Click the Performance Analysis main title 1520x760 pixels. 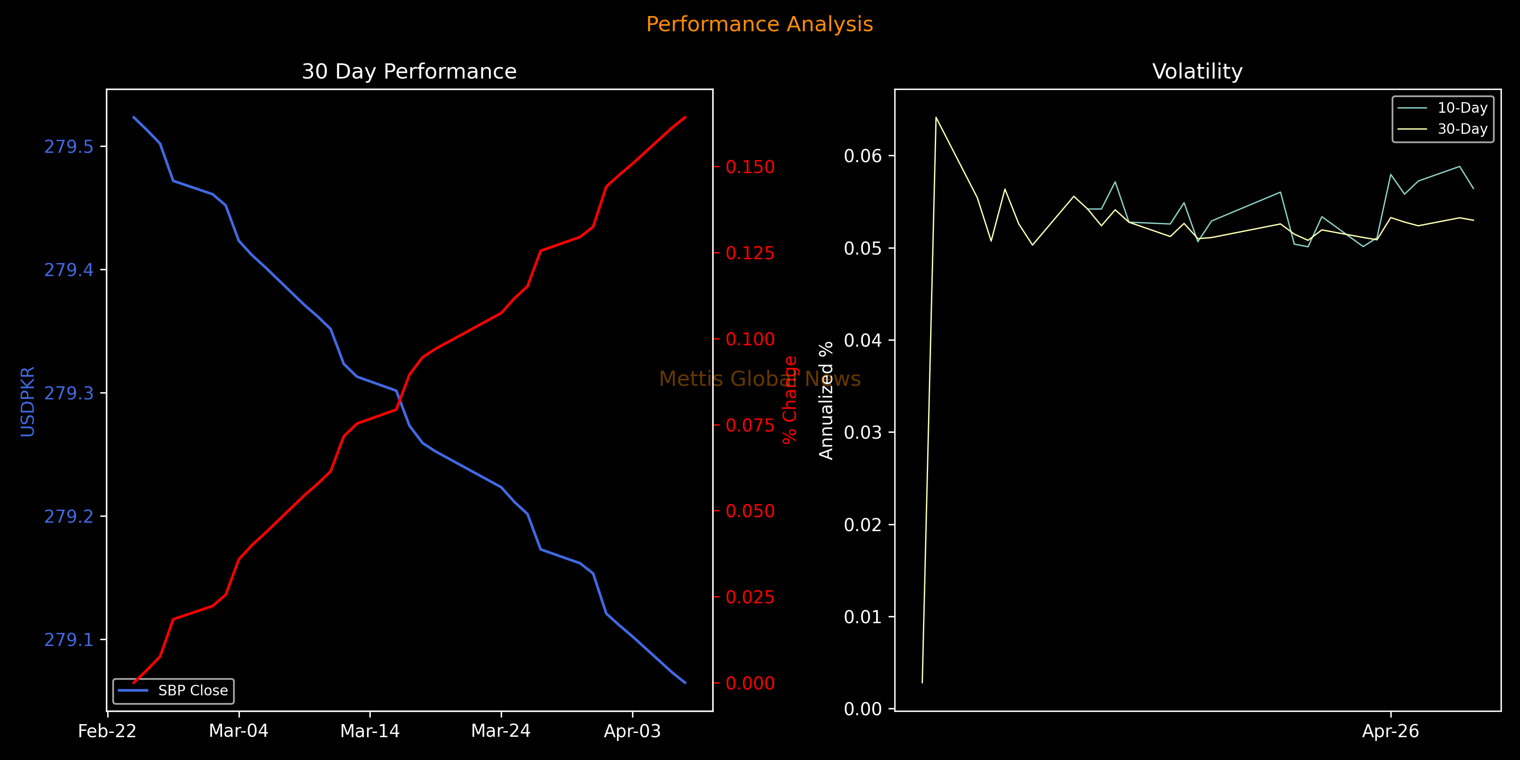[760, 24]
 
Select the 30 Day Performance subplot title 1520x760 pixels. [409, 71]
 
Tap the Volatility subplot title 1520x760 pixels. [1197, 71]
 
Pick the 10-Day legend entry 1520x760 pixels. [1462, 108]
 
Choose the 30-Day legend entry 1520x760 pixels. [1462, 129]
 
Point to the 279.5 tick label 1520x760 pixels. [69, 147]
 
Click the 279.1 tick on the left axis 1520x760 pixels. [69, 640]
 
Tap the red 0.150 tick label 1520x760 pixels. [750, 167]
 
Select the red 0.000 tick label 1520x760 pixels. [750, 683]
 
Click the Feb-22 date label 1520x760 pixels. [107, 732]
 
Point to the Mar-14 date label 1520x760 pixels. [370, 732]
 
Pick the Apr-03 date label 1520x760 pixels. [632, 732]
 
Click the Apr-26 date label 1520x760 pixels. [1390, 732]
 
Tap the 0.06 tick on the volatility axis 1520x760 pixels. [863, 156]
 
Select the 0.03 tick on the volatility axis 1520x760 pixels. [863, 432]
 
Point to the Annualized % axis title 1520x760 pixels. [826, 400]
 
